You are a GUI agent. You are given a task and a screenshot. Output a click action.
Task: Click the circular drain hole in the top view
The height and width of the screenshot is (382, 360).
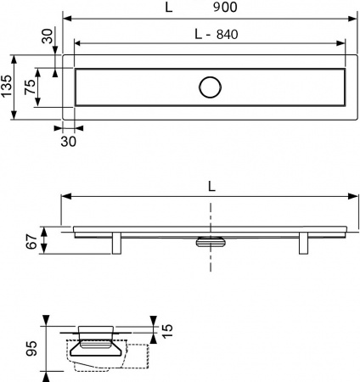(x=209, y=87)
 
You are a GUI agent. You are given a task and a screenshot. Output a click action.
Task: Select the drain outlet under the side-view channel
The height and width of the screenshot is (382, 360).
(x=209, y=242)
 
